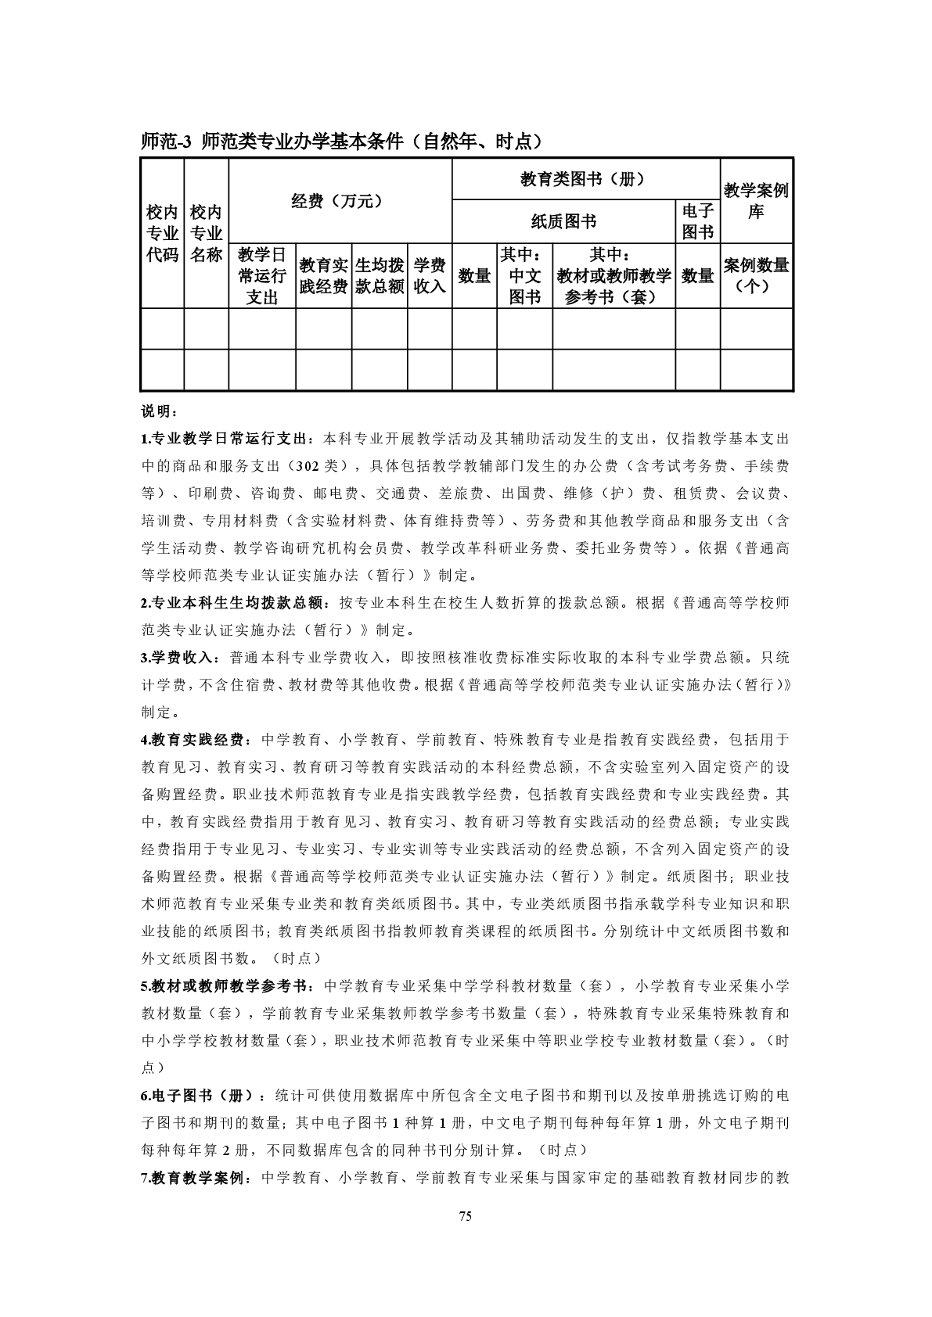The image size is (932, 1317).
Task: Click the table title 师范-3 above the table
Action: pyautogui.click(x=341, y=142)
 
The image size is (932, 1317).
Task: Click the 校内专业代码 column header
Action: pyautogui.click(x=162, y=233)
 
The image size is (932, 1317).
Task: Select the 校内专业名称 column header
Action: pyautogui.click(x=207, y=233)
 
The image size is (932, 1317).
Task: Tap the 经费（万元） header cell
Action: pyautogui.click(x=340, y=201)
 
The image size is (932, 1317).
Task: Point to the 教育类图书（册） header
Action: pyautogui.click(x=585, y=179)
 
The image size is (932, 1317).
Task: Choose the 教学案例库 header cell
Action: pyautogui.click(x=756, y=201)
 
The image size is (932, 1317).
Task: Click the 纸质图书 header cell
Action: pyautogui.click(x=563, y=222)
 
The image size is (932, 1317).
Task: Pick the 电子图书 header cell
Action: pyautogui.click(x=697, y=221)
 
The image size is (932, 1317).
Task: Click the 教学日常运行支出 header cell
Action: pyautogui.click(x=262, y=275)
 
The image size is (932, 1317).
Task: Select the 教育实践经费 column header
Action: pyautogui.click(x=324, y=275)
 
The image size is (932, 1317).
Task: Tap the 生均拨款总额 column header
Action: pyautogui.click(x=380, y=275)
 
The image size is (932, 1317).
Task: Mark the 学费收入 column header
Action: pyautogui.click(x=430, y=275)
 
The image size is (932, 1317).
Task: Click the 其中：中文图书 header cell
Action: pyautogui.click(x=524, y=275)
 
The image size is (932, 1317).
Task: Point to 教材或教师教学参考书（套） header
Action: pyautogui.click(x=614, y=275)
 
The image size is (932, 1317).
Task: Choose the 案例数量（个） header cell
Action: pyautogui.click(x=756, y=275)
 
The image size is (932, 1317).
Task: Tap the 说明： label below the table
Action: pyautogui.click(x=154, y=411)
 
